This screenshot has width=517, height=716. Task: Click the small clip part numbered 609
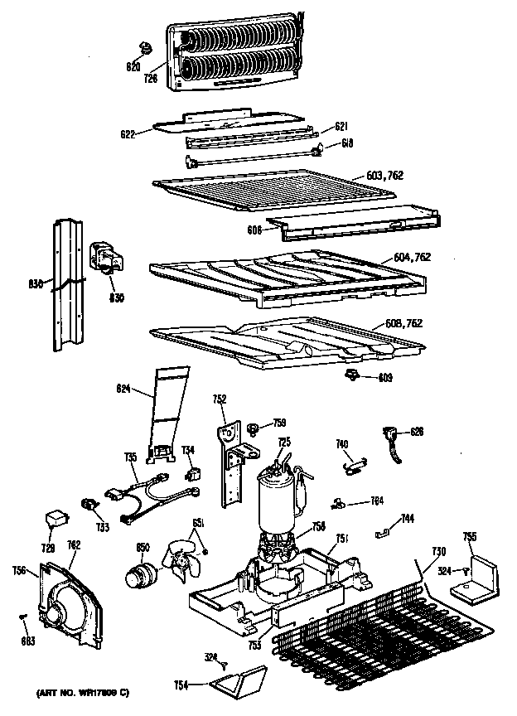351,376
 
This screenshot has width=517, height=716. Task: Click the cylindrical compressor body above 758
277,497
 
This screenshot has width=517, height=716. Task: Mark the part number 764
376,501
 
